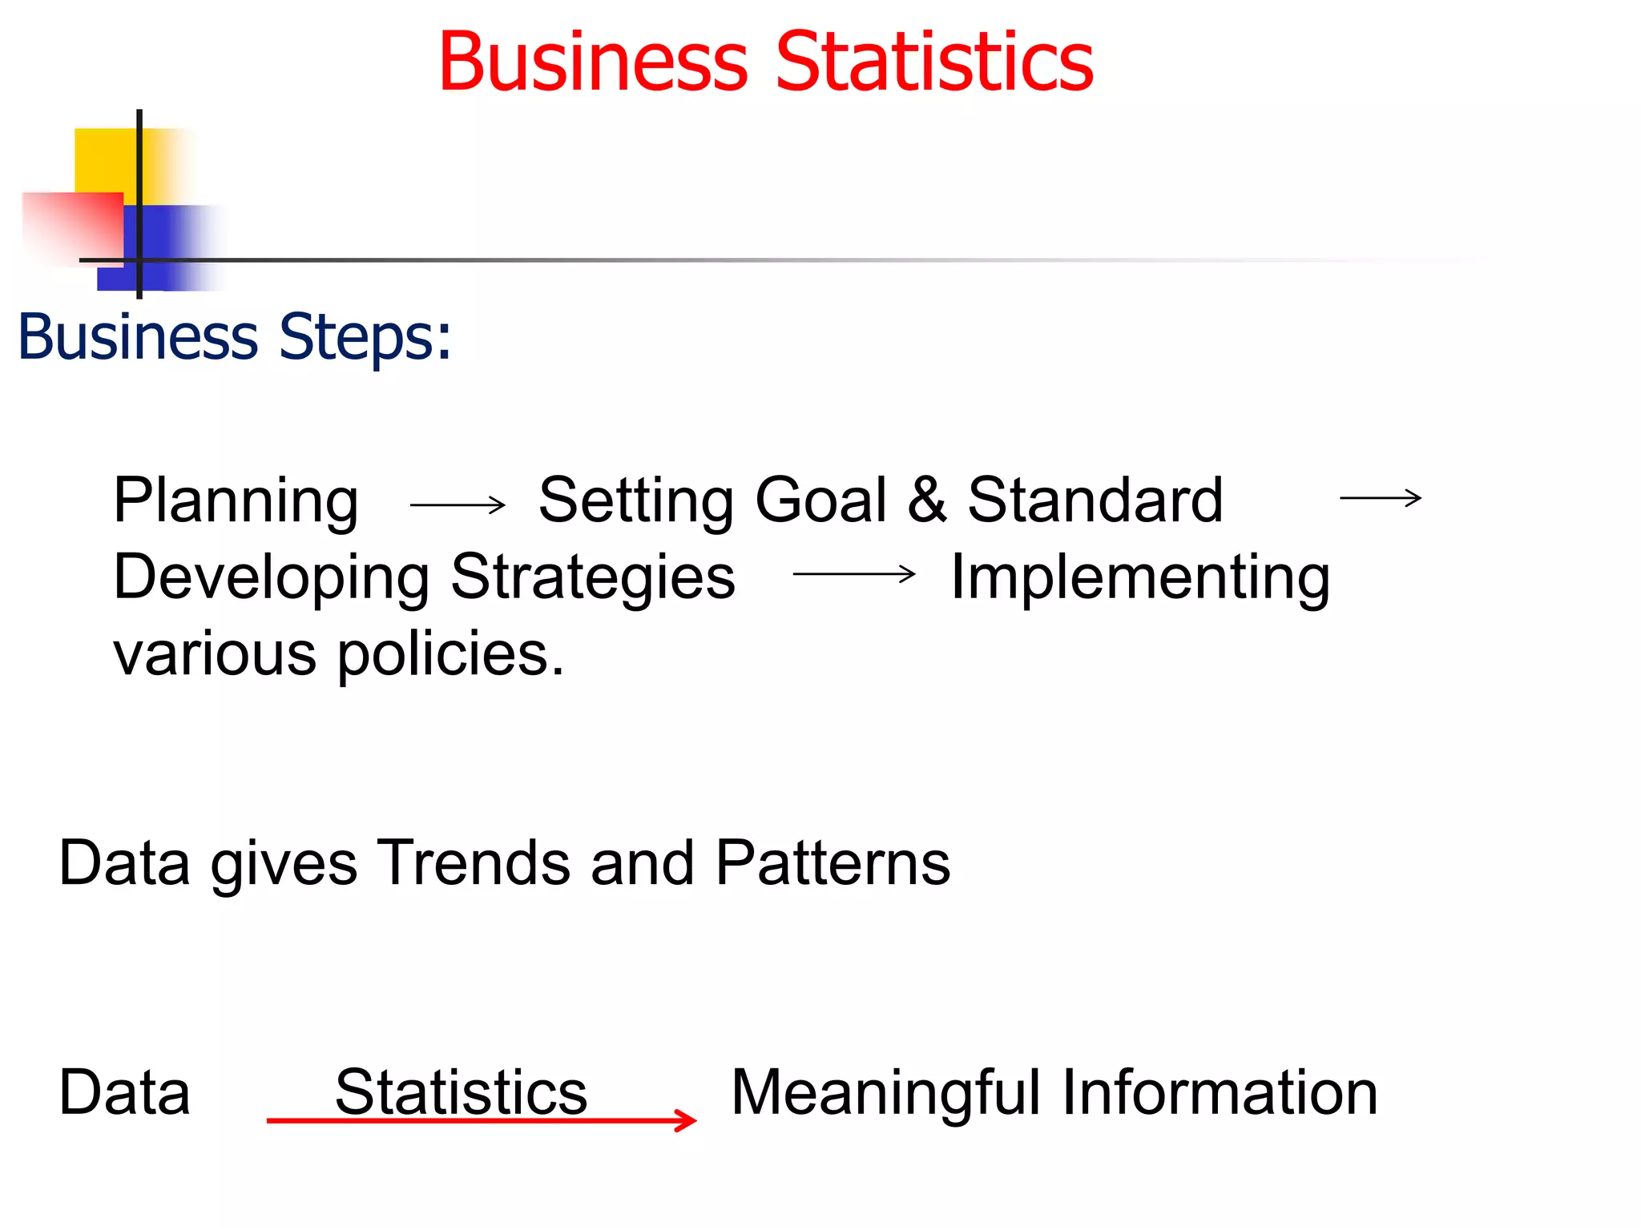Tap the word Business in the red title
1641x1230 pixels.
(x=593, y=62)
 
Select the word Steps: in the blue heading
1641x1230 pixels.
(x=365, y=337)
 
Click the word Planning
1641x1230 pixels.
(x=236, y=501)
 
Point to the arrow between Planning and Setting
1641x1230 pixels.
(x=458, y=504)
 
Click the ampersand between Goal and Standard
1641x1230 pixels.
(x=927, y=500)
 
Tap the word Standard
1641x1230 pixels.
(x=1095, y=500)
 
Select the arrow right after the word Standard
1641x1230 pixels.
(x=1381, y=498)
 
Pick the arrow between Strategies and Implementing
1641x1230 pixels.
(x=854, y=573)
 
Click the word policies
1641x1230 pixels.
(x=450, y=654)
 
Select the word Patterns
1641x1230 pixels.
(x=833, y=863)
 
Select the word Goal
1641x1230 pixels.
(x=820, y=500)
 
